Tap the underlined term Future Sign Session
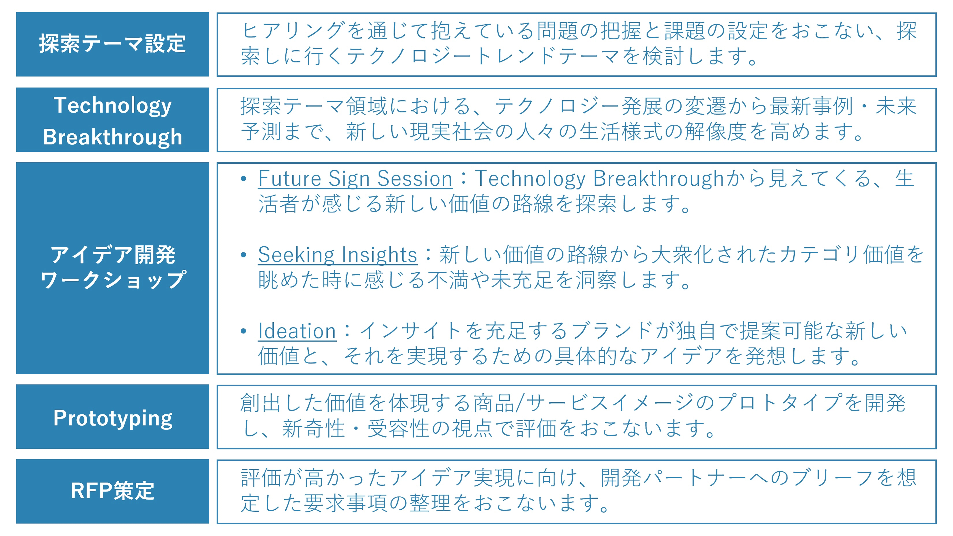tap(355, 179)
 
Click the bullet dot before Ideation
tap(243, 331)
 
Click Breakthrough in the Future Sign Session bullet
tap(658, 179)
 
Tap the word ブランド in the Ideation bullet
tap(612, 331)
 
